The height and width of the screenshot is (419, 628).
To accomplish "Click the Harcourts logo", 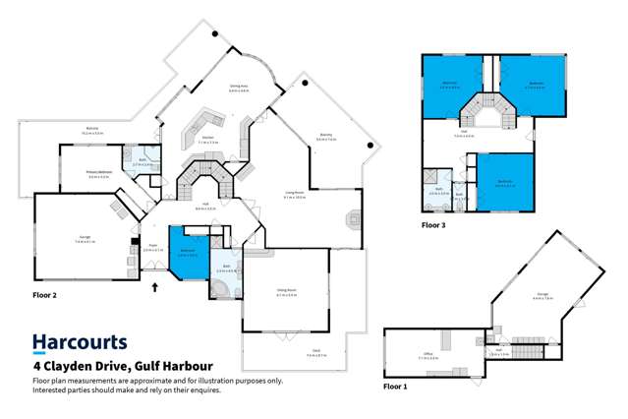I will [80, 343].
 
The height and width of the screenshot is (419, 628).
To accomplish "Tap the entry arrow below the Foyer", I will [154, 288].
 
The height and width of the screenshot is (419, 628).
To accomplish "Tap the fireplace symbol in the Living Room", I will [353, 221].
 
